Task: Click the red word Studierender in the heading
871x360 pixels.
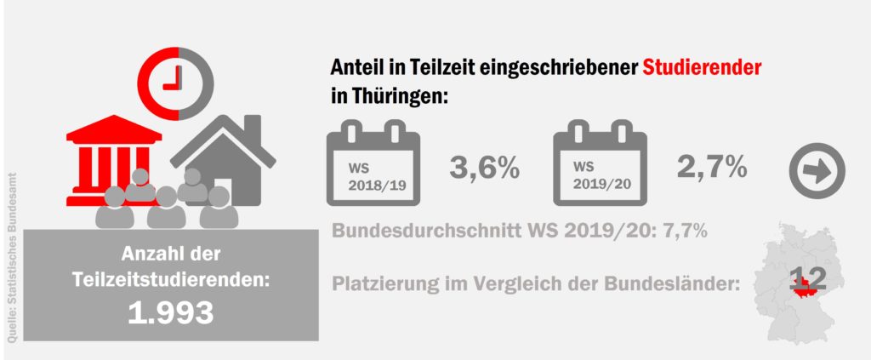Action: tap(701, 66)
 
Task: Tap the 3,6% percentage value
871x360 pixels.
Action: tap(484, 168)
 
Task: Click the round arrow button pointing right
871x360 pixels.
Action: tap(817, 171)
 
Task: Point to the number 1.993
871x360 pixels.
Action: tap(170, 313)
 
